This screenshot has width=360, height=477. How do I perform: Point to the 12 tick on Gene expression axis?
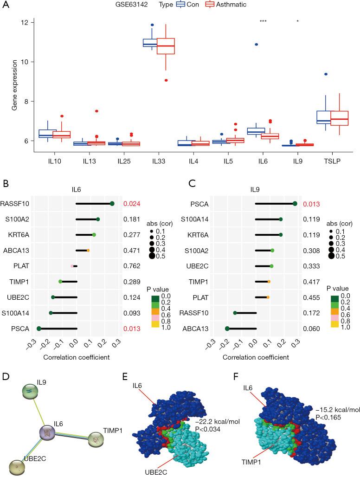click(25, 23)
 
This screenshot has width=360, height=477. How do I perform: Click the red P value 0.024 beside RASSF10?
click(131, 203)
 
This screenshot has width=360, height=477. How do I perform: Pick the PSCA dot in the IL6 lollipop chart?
click(39, 329)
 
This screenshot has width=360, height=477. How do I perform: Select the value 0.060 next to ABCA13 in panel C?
click(310, 329)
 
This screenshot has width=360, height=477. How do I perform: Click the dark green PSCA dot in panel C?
click(295, 203)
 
